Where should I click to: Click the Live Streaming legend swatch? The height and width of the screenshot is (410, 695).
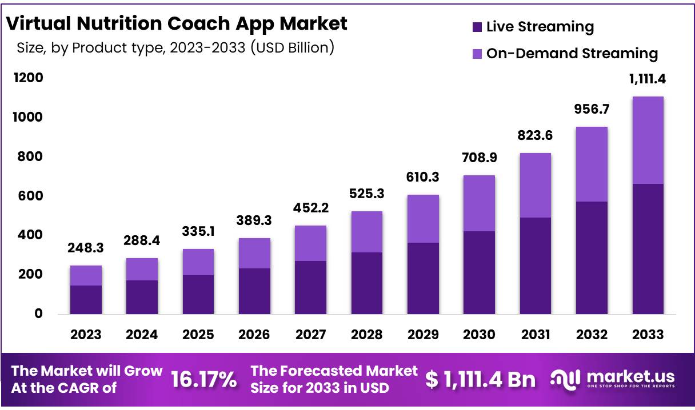(477, 27)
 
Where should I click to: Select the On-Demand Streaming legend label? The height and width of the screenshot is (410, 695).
(572, 54)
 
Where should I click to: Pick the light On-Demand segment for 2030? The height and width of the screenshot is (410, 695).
(479, 203)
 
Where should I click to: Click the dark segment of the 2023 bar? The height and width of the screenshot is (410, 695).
(86, 299)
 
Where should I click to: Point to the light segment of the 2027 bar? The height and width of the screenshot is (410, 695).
(310, 243)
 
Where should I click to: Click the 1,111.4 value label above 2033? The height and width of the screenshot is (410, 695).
(648, 79)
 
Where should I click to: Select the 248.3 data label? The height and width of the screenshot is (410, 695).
(86, 248)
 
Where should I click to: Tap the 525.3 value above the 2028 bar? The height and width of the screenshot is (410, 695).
(366, 194)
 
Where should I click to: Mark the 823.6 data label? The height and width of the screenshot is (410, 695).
(535, 136)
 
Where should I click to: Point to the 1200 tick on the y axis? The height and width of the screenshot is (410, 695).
(29, 78)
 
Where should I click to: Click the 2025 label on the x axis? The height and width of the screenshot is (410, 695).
(198, 335)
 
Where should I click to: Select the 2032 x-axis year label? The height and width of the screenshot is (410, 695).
(592, 335)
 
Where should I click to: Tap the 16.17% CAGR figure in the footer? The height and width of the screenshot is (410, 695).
(203, 379)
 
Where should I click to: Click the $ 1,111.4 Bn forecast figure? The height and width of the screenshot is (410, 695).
(480, 379)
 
